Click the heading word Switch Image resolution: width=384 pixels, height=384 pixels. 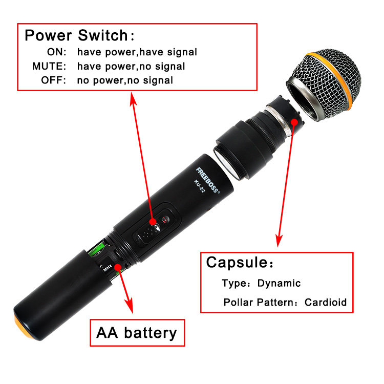(x=103, y=35)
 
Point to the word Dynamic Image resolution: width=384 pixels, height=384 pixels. (x=279, y=283)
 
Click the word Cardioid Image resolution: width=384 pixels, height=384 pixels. (x=326, y=302)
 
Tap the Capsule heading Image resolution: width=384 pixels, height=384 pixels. (x=237, y=263)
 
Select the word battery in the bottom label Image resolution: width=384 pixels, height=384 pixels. (x=151, y=333)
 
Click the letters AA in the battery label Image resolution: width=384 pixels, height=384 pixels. (x=107, y=333)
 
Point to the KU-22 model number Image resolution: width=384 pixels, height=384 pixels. (x=199, y=186)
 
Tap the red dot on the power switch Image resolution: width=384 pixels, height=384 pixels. (x=153, y=222)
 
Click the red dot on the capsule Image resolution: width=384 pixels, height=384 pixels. (x=294, y=122)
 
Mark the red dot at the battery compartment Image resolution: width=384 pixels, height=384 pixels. (x=118, y=267)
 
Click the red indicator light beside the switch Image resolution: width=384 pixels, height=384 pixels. (x=165, y=220)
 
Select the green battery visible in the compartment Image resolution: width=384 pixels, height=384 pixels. (x=98, y=250)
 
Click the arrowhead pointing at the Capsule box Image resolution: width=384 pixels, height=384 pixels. (x=279, y=241)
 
